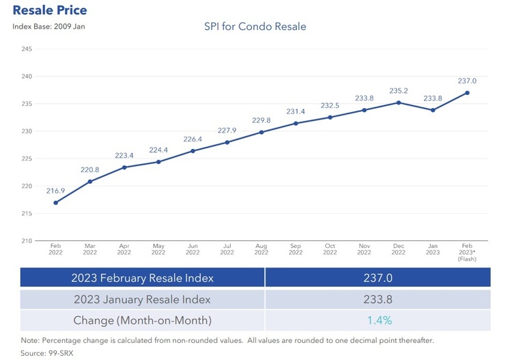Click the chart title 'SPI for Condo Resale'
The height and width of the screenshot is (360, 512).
255,27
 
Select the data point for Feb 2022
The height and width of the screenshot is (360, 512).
55,202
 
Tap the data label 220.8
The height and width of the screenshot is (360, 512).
89,169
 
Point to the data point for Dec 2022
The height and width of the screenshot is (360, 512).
398,102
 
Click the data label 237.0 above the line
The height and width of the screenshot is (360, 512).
467,81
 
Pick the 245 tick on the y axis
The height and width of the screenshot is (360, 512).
28,49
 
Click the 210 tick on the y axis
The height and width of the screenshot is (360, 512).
28,240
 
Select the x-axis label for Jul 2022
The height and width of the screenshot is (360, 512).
227,249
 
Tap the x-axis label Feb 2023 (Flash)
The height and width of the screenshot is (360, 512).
467,253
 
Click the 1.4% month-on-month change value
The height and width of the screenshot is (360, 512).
378,320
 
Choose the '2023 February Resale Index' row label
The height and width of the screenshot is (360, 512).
142,277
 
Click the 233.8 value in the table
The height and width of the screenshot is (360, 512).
378,299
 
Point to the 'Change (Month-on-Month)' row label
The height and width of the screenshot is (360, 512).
142,320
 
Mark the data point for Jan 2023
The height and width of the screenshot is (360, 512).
433,110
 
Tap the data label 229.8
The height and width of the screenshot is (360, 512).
261,120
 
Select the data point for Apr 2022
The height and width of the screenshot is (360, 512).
124,167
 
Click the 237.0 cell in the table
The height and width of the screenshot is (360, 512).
378,277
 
